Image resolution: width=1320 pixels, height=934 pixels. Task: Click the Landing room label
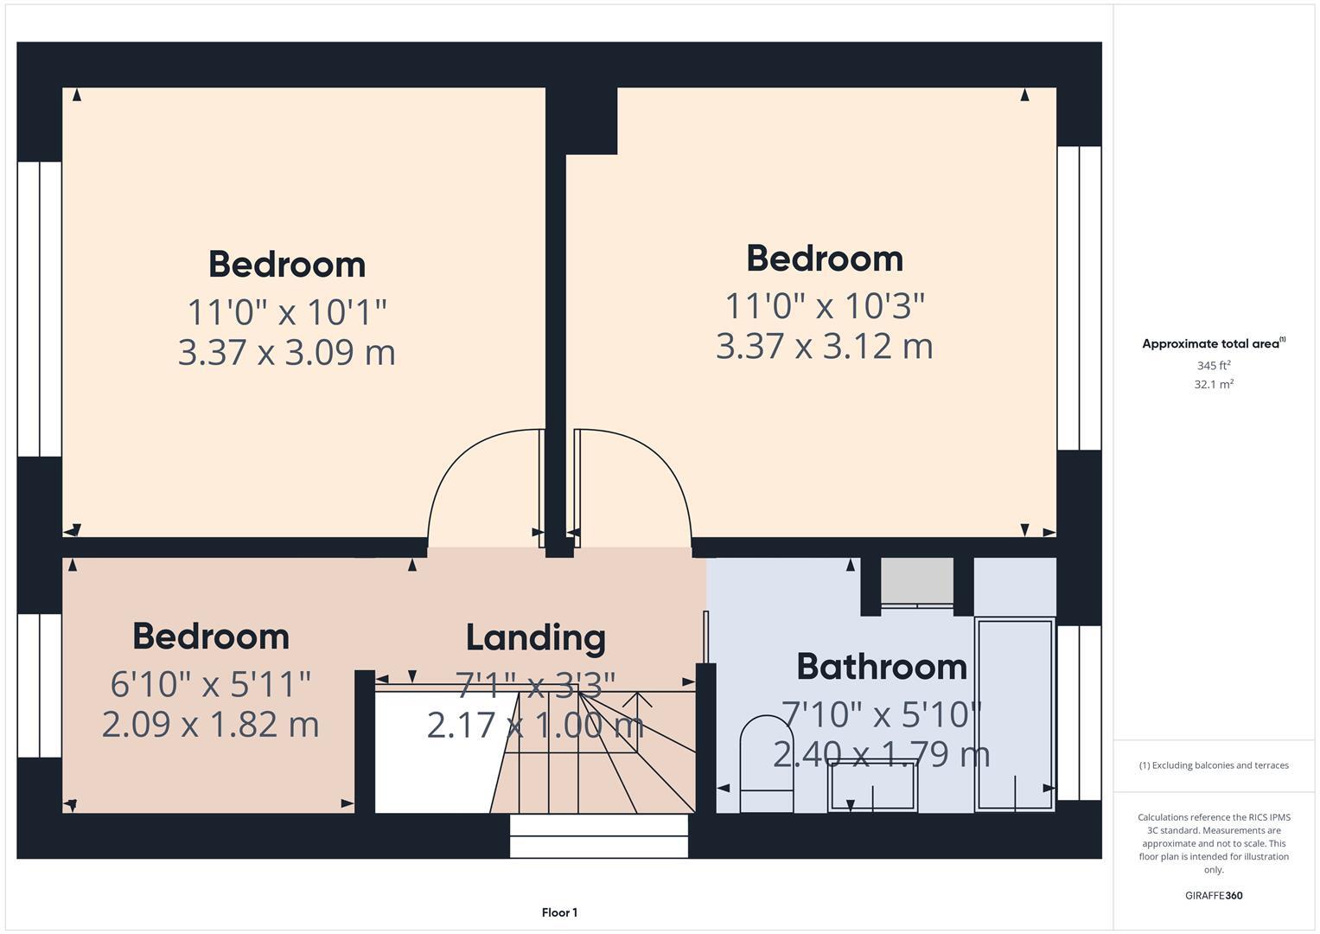(x=535, y=638)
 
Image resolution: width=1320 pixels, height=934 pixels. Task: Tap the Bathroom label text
(x=881, y=667)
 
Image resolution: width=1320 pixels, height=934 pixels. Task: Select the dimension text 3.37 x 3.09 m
(x=286, y=353)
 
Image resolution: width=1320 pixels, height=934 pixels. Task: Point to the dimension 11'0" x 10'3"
(x=824, y=305)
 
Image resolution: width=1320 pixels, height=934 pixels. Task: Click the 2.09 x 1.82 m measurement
(x=210, y=725)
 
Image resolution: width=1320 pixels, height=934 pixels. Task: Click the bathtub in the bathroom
(x=1014, y=713)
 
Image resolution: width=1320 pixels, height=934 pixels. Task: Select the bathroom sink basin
(x=872, y=785)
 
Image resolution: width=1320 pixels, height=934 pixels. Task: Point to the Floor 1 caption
(x=559, y=912)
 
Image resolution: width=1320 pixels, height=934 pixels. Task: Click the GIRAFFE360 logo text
(x=1213, y=896)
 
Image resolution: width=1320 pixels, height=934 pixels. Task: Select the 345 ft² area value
(x=1213, y=366)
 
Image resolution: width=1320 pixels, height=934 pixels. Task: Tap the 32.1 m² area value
(x=1213, y=385)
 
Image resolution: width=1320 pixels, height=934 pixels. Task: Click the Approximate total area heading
(x=1213, y=344)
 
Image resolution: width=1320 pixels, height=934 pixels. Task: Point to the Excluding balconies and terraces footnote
(x=1213, y=765)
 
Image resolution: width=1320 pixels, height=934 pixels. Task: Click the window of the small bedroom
(x=40, y=685)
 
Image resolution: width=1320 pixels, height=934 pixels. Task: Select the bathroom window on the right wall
(x=1079, y=712)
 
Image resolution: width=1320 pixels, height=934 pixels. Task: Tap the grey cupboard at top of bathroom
(x=916, y=580)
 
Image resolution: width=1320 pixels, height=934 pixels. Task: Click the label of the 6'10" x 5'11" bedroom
(x=210, y=637)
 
